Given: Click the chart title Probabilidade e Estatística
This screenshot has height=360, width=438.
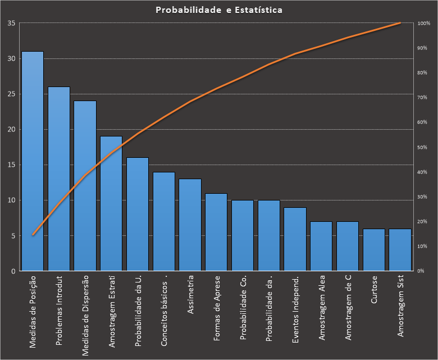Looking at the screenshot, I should point(219,10).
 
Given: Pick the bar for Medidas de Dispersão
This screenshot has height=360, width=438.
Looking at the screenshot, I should point(85,186).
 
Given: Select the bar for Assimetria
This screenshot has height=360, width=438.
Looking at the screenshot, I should point(190,225).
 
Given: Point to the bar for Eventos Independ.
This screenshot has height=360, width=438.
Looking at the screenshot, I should point(295,239).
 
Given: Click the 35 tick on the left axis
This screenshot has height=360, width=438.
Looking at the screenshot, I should point(11,24).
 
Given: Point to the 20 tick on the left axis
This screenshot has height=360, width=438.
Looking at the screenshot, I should point(11,130).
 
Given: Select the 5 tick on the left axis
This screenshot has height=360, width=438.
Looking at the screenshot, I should point(13,236).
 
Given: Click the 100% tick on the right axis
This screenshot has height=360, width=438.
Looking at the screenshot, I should point(423,24).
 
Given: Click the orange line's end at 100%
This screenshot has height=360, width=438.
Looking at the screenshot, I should point(400,23).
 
